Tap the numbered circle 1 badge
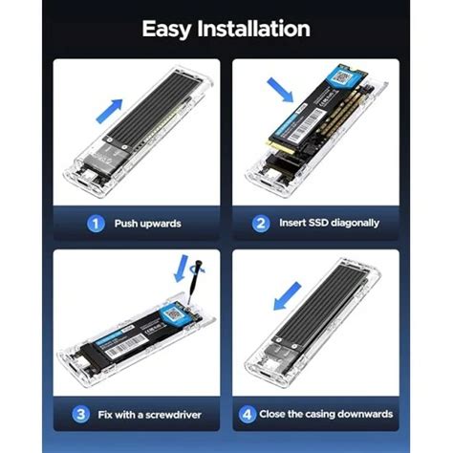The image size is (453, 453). [x=95, y=224]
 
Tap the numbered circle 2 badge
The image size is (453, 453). [x=260, y=223]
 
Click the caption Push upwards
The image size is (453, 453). [x=147, y=224]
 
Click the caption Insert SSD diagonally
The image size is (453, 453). [x=329, y=223]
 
